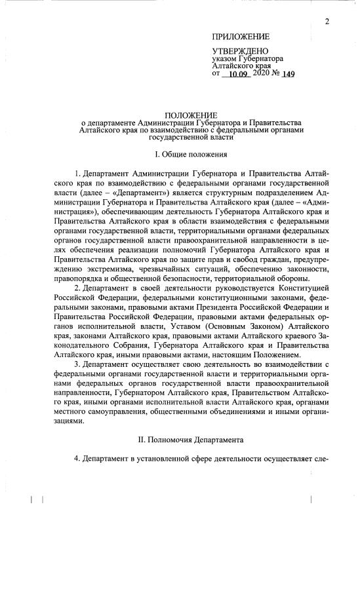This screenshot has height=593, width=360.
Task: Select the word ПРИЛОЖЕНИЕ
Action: (241, 37)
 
